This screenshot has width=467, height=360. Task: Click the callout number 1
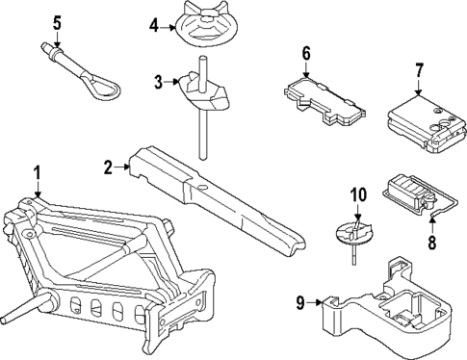coord(37,173)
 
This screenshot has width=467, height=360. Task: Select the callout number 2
coord(110,167)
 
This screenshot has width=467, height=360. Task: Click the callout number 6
coord(306,52)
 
